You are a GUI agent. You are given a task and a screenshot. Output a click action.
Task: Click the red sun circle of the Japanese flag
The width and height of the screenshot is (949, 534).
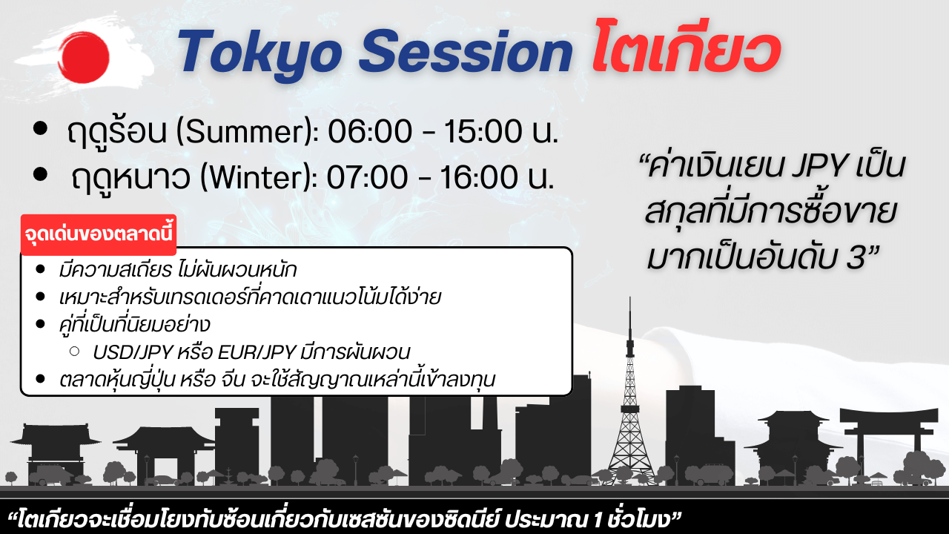tap(84, 57)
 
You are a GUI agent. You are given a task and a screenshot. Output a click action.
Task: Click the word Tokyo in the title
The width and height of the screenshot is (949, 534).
tap(259, 54)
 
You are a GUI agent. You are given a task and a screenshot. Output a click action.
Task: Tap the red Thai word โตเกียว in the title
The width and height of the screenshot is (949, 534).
tap(687, 47)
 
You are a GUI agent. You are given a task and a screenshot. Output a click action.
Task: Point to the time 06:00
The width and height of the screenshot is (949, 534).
tap(370, 131)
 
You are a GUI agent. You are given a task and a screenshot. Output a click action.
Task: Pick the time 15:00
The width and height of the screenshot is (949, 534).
tap(483, 131)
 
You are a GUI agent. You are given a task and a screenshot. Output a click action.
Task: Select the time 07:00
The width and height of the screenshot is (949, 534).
tap(367, 177)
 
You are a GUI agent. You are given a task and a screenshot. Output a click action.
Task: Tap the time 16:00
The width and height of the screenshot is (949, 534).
tap(479, 177)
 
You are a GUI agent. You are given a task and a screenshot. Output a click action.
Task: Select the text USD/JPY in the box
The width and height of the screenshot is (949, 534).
tap(133, 352)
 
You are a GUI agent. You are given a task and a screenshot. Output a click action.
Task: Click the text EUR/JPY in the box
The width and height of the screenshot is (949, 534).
tap(257, 352)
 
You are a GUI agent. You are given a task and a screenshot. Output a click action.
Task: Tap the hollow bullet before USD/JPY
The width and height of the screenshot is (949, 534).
tap(75, 352)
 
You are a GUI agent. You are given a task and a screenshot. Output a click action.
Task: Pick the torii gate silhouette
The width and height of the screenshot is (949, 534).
tap(889, 441)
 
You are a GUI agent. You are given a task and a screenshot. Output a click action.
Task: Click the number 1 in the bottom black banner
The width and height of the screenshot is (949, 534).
tap(598, 520)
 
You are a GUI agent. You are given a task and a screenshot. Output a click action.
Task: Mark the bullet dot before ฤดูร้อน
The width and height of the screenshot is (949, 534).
tap(40, 128)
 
